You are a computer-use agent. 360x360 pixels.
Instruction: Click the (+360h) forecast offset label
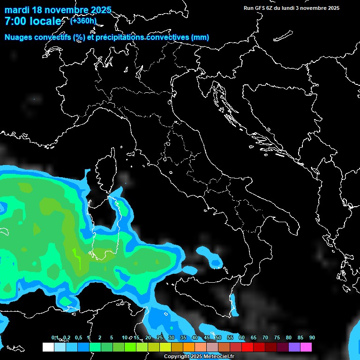click(x=83, y=21)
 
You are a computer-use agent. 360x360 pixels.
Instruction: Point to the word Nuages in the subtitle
click(x=18, y=37)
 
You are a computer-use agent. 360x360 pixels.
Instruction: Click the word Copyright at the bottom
click(x=177, y=357)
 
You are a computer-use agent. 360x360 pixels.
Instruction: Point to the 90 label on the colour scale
click(x=312, y=337)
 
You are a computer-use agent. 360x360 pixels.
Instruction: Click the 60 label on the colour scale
click(x=242, y=337)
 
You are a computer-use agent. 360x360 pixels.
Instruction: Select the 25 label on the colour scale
click(x=159, y=337)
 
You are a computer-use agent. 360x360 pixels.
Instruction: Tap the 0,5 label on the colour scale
click(x=78, y=337)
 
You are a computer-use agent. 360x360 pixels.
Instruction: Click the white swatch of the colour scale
click(x=48, y=347)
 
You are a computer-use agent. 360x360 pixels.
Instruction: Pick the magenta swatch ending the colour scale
click(x=306, y=347)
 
